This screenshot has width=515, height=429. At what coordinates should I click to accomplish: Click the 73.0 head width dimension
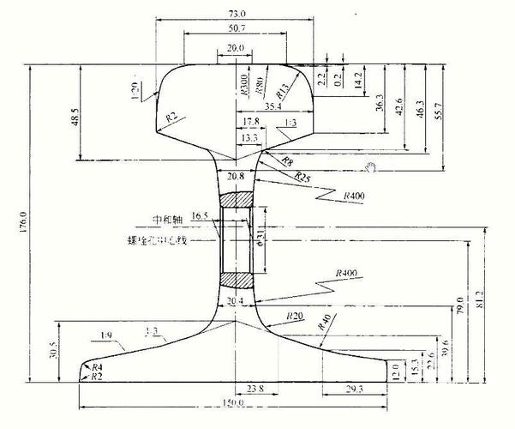236,14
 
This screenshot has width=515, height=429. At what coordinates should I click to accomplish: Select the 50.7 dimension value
236,30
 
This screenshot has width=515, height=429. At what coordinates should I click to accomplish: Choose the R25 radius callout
302,176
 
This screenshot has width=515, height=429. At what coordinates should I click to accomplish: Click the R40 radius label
325,323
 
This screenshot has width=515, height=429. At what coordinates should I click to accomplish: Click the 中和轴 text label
167,219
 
